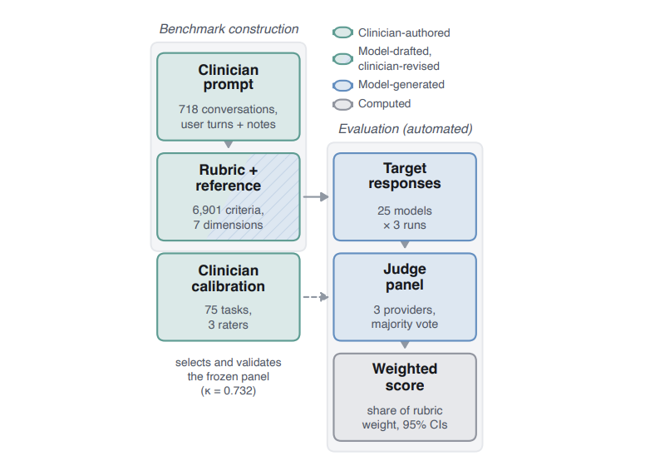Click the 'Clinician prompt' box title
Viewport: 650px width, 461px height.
[x=229, y=77]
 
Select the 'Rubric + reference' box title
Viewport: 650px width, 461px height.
[x=229, y=177]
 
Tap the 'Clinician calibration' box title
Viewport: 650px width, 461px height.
[x=229, y=279]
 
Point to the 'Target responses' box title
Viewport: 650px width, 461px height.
[x=405, y=176]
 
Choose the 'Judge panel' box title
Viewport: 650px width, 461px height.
[x=405, y=277]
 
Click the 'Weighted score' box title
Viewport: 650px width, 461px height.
[x=405, y=377]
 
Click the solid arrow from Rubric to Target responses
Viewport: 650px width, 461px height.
[x=316, y=196]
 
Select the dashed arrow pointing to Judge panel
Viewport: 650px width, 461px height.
[x=316, y=297]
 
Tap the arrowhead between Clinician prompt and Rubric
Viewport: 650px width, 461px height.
[x=229, y=145]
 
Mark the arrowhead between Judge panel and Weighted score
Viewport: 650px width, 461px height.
[x=405, y=345]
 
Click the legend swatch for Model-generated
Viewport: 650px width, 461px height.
[x=342, y=85]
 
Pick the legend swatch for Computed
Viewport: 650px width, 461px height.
[x=342, y=104]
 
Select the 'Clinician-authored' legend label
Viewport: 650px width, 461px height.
[x=404, y=32]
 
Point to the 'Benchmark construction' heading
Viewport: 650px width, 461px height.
[x=229, y=29]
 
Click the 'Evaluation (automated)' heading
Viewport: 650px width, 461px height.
[x=406, y=129]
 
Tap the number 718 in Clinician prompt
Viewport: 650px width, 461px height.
[x=189, y=109]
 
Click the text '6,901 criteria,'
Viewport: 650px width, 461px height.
[x=228, y=210]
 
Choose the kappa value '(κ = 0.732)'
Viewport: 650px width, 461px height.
[x=229, y=391]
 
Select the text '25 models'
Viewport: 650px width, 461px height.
[x=405, y=211]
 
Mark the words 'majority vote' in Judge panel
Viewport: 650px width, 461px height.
[x=405, y=324]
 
